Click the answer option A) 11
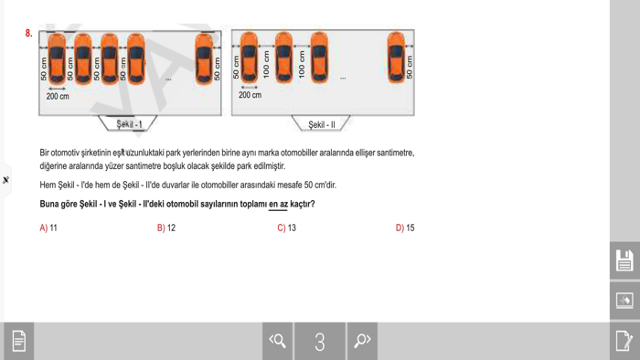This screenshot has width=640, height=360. [48, 228]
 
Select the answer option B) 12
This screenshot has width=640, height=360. [166, 228]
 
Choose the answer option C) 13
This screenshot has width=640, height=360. [286, 228]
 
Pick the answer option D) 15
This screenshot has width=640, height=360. [405, 228]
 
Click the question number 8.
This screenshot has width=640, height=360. [29, 34]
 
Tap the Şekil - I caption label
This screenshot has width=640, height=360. [129, 123]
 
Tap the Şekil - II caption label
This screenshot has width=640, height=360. [321, 124]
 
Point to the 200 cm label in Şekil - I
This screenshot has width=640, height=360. [58, 96]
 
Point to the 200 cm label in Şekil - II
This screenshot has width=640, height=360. [250, 95]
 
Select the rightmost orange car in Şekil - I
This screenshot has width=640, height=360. [204, 58]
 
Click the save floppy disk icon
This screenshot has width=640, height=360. [624, 260]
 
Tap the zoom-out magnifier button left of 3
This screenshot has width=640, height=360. [278, 341]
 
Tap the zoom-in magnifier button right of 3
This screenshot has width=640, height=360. [362, 341]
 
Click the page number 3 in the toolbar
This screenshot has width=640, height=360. [320, 342]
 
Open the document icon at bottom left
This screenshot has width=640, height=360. [18, 341]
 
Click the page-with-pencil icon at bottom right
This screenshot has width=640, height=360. [624, 341]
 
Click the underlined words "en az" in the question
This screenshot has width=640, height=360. [278, 204]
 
